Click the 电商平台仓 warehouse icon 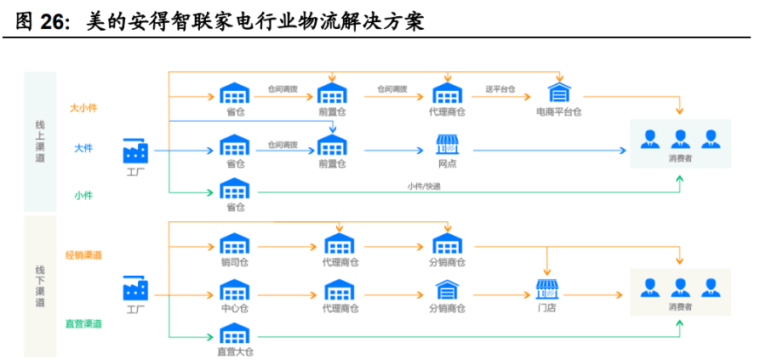click(x=559, y=92)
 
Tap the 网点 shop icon click(x=448, y=144)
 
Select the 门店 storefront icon click(x=547, y=289)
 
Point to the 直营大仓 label click(x=235, y=351)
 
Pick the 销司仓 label click(x=235, y=262)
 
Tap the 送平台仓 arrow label click(x=500, y=89)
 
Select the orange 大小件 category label click(x=83, y=108)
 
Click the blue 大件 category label click(x=83, y=147)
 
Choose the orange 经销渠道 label click(x=83, y=255)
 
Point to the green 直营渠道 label click(x=83, y=323)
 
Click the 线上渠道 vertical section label click(x=40, y=141)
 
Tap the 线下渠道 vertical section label click(x=40, y=286)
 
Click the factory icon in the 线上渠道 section click(x=135, y=152)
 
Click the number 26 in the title click(x=54, y=22)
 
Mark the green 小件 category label click(x=83, y=196)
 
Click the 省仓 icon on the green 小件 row click(x=235, y=188)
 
